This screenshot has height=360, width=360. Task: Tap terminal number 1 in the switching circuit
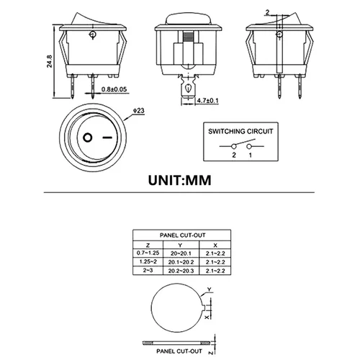(250, 156)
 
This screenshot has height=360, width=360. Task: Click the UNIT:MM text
(179, 178)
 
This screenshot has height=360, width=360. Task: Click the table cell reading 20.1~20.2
(180, 261)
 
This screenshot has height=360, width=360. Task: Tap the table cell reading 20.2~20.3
(180, 271)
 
